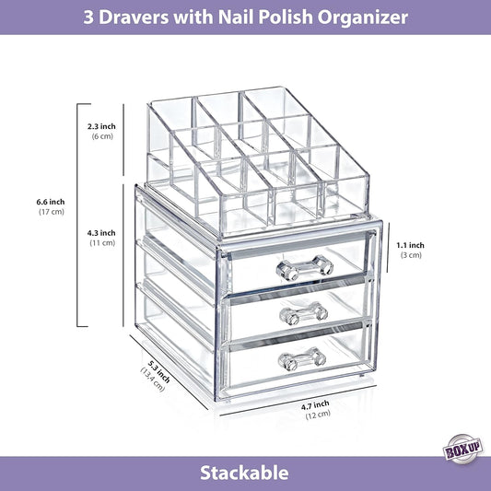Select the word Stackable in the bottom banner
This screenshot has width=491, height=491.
pyautogui.click(x=245, y=473)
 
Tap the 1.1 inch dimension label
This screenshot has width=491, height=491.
pyautogui.click(x=411, y=244)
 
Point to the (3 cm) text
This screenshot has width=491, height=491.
pyautogui.click(x=411, y=255)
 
